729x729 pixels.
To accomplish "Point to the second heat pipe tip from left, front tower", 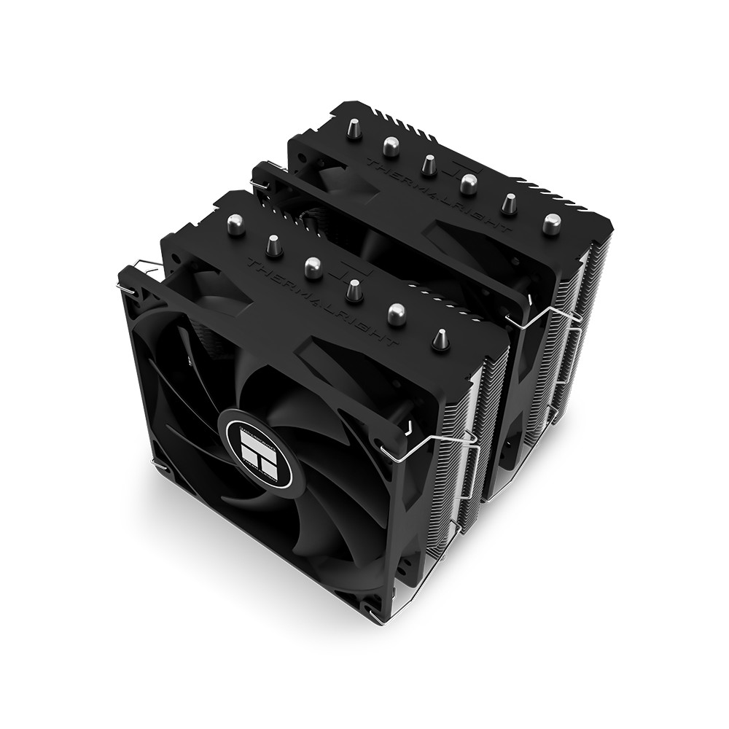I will tap(273, 245).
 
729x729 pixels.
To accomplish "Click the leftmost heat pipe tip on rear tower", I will tap(353, 129).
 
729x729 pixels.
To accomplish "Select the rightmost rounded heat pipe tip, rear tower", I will tap(552, 222).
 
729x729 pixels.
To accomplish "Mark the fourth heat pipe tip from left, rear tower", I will tap(469, 183).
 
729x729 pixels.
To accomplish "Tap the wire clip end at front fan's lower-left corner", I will tap(155, 464).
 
